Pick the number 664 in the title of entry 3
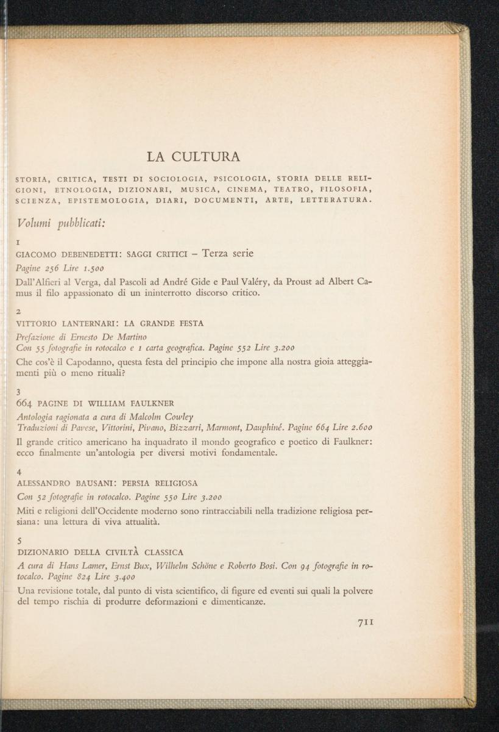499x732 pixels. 26,403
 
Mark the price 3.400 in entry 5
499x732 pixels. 118,576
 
